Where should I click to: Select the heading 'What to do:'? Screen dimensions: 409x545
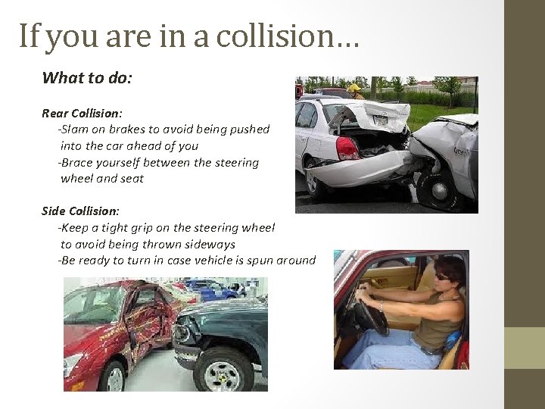(87, 77)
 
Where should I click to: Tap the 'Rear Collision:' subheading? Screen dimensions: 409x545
(83, 113)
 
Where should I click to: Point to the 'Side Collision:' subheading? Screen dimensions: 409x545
(80, 211)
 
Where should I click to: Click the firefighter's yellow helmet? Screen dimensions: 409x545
(353, 88)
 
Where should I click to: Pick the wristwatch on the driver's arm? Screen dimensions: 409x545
(381, 306)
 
